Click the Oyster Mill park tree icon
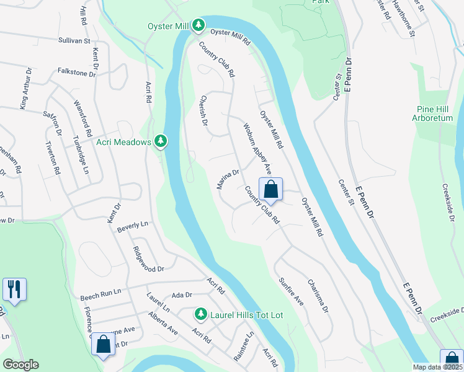tap(199, 25)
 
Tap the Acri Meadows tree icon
tap(161, 142)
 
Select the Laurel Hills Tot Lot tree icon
tap(200, 314)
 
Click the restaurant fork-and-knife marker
tap(14, 289)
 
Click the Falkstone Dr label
tap(76, 73)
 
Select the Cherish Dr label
tap(203, 110)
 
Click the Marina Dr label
tap(228, 179)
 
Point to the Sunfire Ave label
tap(291, 291)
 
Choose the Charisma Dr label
tap(316, 296)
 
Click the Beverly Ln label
tap(133, 227)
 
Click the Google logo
tap(21, 365)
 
